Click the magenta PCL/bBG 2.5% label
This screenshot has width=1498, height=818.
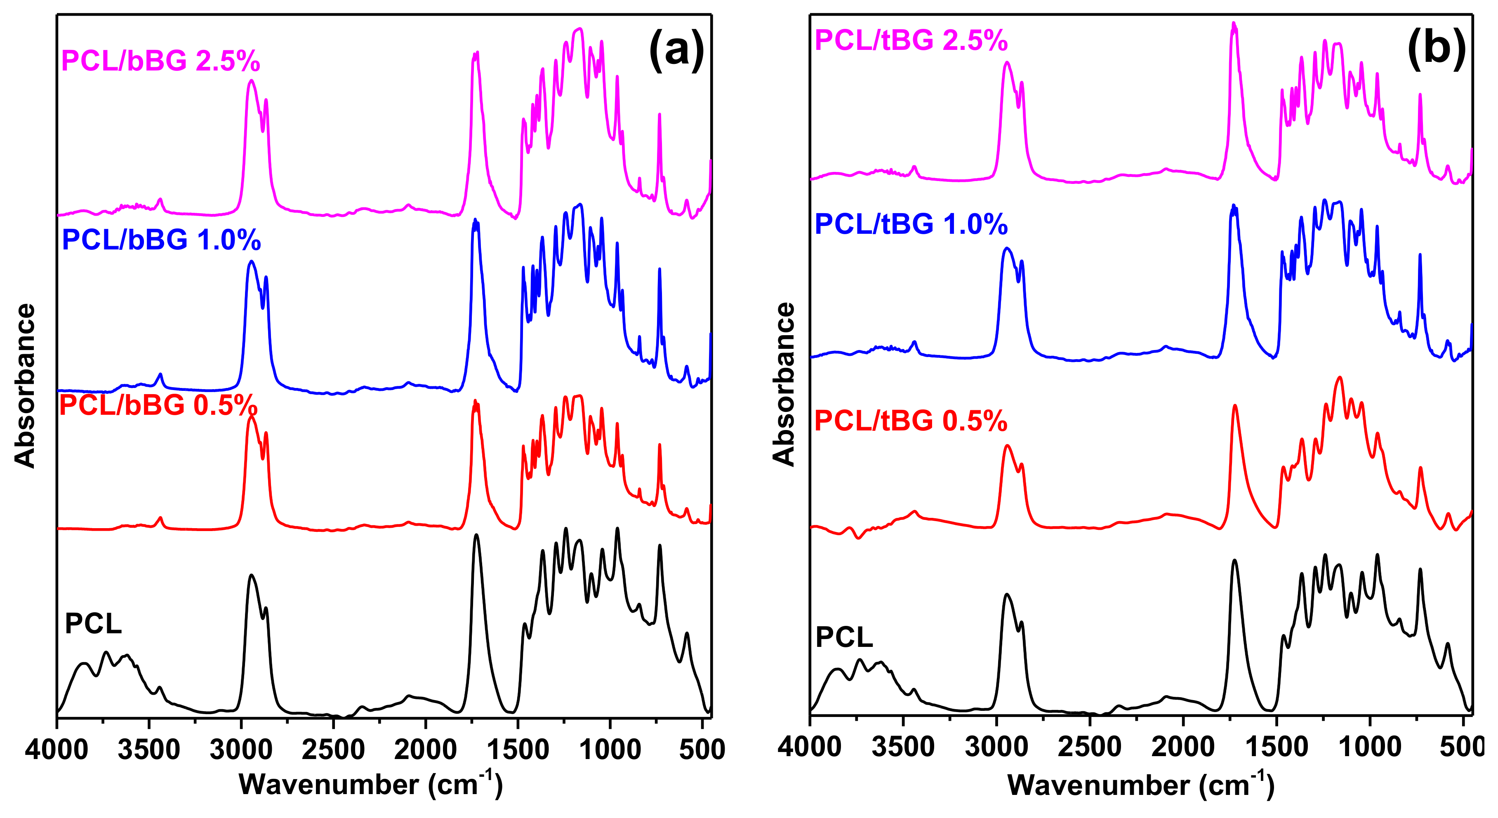pos(160,61)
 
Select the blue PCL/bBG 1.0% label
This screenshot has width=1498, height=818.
pos(161,240)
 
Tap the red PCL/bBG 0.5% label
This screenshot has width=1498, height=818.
pos(158,405)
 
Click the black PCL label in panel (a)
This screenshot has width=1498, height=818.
pos(93,624)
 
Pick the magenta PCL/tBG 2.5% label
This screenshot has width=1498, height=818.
pos(911,40)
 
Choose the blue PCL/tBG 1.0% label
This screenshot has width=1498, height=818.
pos(911,224)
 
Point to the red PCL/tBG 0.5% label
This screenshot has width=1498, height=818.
pos(911,420)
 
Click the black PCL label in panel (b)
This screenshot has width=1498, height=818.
pos(844,637)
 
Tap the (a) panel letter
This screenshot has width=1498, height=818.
pos(676,51)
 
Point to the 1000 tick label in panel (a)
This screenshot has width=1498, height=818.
pos(610,750)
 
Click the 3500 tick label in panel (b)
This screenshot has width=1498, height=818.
pos(903,747)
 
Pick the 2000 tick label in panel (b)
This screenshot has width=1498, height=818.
pos(1183,747)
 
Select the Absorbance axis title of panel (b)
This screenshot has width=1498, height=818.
pos(784,384)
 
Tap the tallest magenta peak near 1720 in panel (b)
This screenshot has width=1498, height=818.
pos(1233,24)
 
